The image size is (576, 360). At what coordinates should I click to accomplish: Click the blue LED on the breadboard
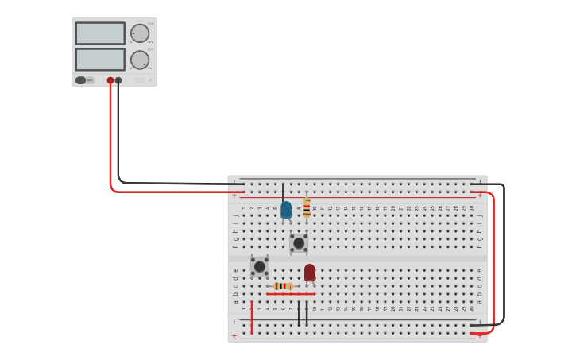pyautogui.click(x=286, y=210)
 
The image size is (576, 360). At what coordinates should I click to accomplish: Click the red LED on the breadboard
pyautogui.click(x=310, y=273)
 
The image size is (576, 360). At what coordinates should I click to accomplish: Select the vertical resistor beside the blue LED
pyautogui.click(x=307, y=209)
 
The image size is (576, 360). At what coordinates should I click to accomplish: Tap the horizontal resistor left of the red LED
pyautogui.click(x=283, y=286)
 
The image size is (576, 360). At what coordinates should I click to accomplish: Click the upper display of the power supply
pyautogui.click(x=100, y=33)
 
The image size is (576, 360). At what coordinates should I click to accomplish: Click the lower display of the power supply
pyautogui.click(x=100, y=60)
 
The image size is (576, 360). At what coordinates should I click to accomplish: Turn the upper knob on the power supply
pyautogui.click(x=140, y=33)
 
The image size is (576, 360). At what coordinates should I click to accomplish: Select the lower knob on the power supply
pyautogui.click(x=140, y=60)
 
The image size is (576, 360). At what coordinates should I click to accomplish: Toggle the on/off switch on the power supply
pyautogui.click(x=81, y=80)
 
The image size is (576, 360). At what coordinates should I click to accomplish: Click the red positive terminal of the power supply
pyautogui.click(x=110, y=80)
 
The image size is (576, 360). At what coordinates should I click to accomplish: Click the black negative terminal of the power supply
pyautogui.click(x=118, y=80)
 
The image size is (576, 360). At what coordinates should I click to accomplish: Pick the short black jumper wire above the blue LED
pyautogui.click(x=283, y=192)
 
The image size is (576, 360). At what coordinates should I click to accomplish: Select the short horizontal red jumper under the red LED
pyautogui.click(x=291, y=294)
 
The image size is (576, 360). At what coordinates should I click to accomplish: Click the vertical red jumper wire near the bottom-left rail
pyautogui.click(x=252, y=316)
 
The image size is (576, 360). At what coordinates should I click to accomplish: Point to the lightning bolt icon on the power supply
pyautogui.click(x=149, y=80)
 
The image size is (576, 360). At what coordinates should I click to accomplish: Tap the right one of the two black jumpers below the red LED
pyautogui.click(x=307, y=313)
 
